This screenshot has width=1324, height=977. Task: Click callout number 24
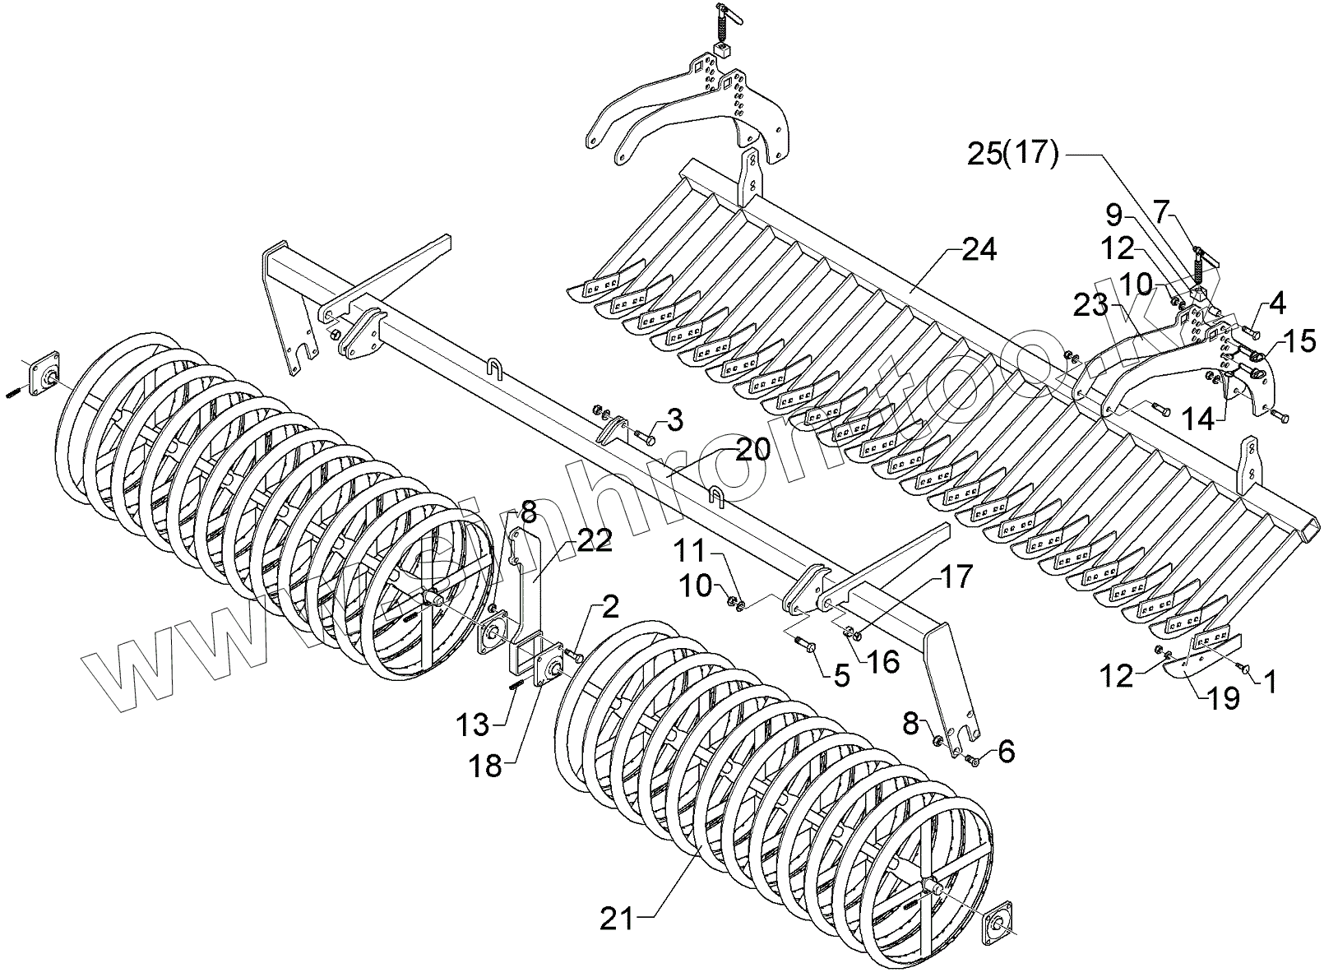point(978,250)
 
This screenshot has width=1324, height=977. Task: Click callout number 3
point(674,421)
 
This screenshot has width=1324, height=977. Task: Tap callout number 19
point(1224,698)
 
